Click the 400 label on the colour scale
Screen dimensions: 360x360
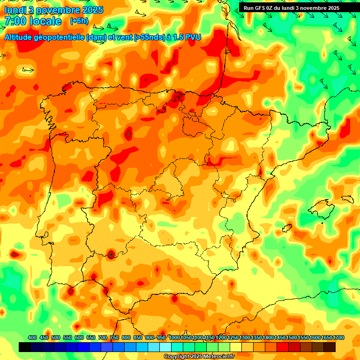pyautogui.click(x=32, y=337)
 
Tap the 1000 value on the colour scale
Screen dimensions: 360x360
pyautogui.click(x=174, y=337)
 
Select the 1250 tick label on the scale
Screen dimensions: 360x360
pyautogui.click(x=233, y=337)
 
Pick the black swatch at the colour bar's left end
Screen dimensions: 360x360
pyautogui.click(x=25, y=347)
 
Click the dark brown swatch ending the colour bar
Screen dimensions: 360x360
pyautogui.click(x=330, y=347)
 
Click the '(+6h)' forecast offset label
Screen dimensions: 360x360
pyautogui.click(x=79, y=21)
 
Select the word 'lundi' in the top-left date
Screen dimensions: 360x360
pyautogui.click(x=15, y=10)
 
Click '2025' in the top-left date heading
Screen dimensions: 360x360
pyautogui.click(x=91, y=10)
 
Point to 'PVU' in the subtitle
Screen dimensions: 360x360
pyautogui.click(x=193, y=37)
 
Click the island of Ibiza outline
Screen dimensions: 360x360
pyautogui.click(x=287, y=228)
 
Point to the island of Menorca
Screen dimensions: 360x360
pyautogui.click(x=347, y=199)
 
